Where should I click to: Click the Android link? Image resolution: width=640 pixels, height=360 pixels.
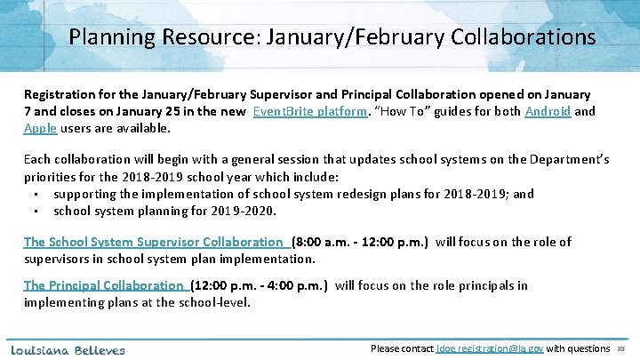(x=548, y=111)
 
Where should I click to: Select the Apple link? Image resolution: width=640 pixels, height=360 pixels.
(x=40, y=128)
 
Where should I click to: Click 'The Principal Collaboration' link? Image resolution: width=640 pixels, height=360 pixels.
(x=105, y=285)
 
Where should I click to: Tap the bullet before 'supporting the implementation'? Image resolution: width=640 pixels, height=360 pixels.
(x=33, y=194)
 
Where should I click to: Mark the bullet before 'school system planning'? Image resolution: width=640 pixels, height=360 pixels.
(x=33, y=212)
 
